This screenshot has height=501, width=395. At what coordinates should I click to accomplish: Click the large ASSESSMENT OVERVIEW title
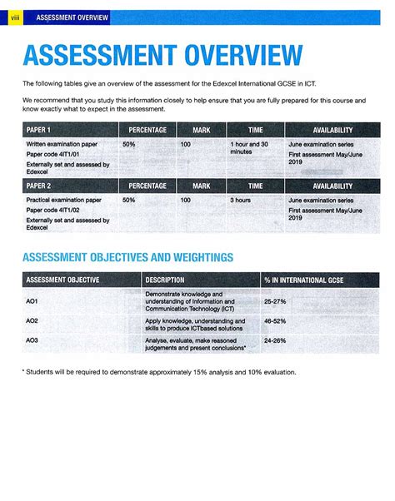click(162, 57)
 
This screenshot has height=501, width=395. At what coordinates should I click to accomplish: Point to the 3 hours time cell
click(242, 201)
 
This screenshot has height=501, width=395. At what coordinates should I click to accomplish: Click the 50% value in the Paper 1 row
click(128, 144)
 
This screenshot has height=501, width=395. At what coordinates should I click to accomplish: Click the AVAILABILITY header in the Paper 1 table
click(332, 131)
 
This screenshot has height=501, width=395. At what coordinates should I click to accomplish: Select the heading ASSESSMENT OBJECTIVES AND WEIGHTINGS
click(127, 257)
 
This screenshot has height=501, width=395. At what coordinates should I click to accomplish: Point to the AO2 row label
click(32, 320)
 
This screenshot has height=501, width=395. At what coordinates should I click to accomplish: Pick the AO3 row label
click(32, 340)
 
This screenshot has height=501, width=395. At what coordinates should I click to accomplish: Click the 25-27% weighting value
click(274, 300)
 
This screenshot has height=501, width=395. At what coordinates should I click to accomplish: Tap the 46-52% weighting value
click(274, 320)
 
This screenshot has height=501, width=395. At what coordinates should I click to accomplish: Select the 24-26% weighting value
click(274, 340)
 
